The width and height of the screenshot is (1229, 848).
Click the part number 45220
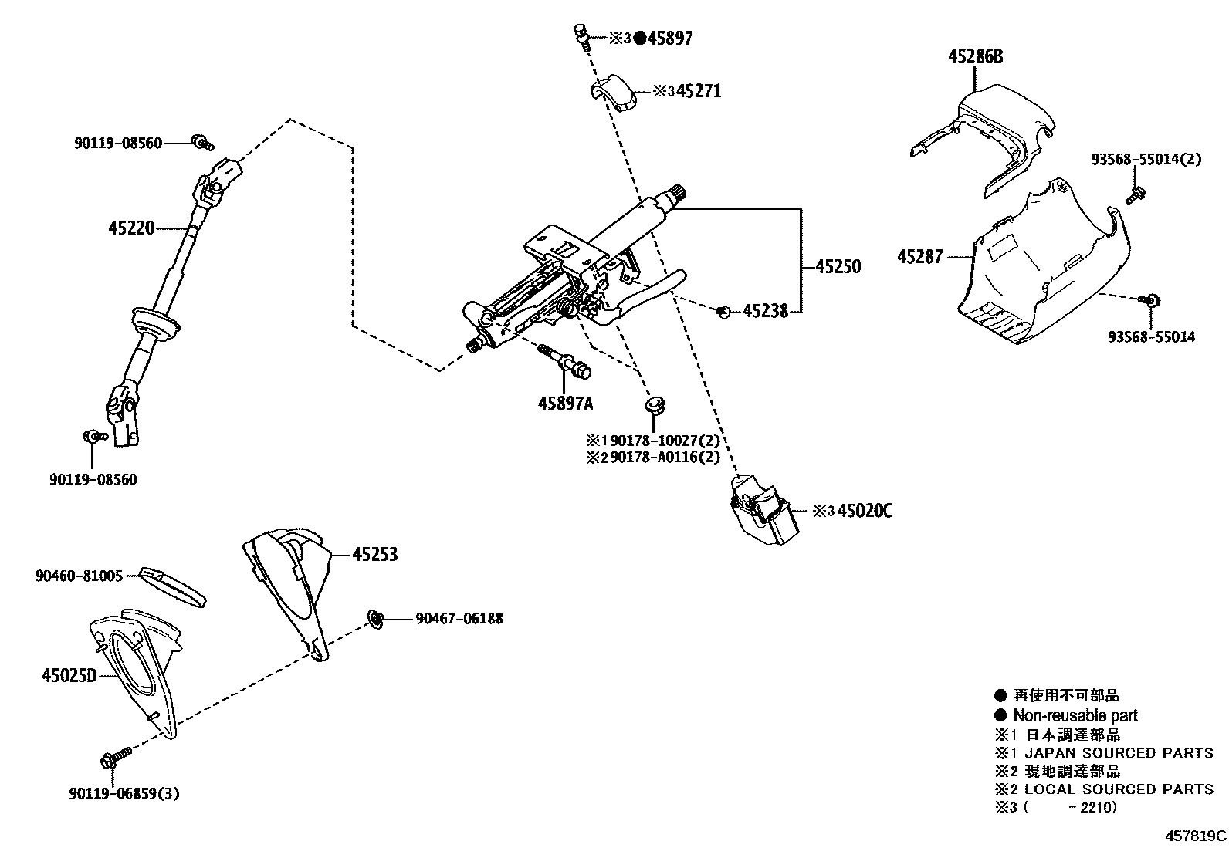(x=131, y=228)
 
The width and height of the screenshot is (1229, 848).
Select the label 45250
(x=838, y=267)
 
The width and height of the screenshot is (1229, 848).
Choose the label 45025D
(x=69, y=676)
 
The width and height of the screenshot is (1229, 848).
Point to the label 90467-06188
(x=459, y=618)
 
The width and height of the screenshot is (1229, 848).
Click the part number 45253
(x=375, y=554)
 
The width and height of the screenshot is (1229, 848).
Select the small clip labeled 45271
(x=617, y=93)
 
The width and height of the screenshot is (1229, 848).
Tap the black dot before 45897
(x=639, y=39)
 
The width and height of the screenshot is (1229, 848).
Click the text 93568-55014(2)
(x=1146, y=160)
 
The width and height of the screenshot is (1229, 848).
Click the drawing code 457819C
(x=1196, y=835)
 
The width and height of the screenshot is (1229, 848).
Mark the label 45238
(x=765, y=311)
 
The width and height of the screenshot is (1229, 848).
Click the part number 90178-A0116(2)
(x=664, y=458)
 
